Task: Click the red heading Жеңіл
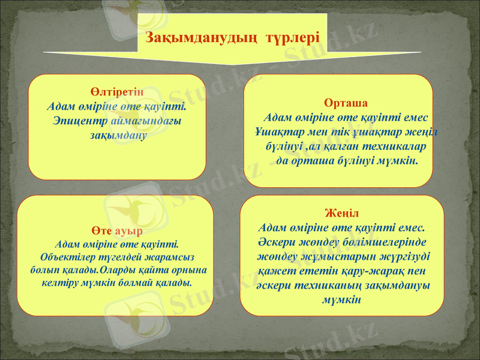342,214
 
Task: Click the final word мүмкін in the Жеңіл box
341,299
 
